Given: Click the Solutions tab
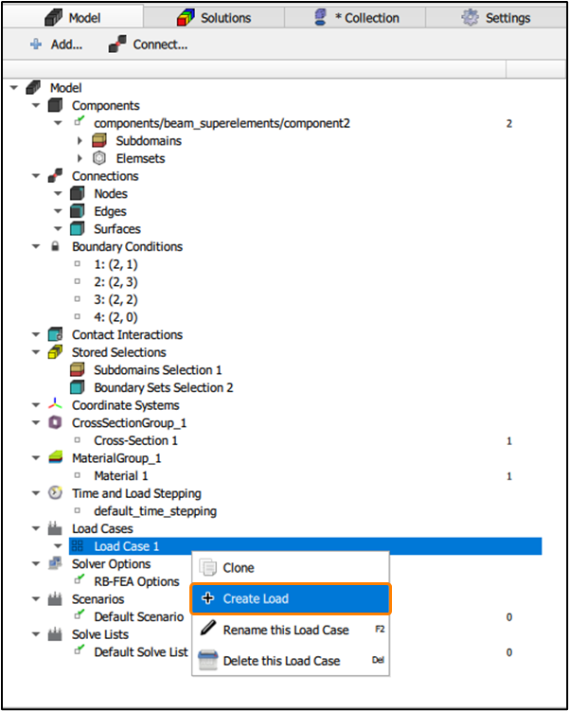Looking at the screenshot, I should coord(214,17).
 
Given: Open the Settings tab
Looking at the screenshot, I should coord(496,17).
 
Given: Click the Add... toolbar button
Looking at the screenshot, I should coord(57,44).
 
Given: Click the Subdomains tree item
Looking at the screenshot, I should coord(149,141).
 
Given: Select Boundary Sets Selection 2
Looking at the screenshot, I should coord(163,387).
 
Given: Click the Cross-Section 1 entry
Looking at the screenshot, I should coord(135,440).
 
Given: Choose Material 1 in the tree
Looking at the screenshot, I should coord(121,475).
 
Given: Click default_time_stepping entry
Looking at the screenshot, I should coord(155,510).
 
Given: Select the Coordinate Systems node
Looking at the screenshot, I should coord(125,405).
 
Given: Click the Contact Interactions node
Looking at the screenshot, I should coord(127,334).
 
